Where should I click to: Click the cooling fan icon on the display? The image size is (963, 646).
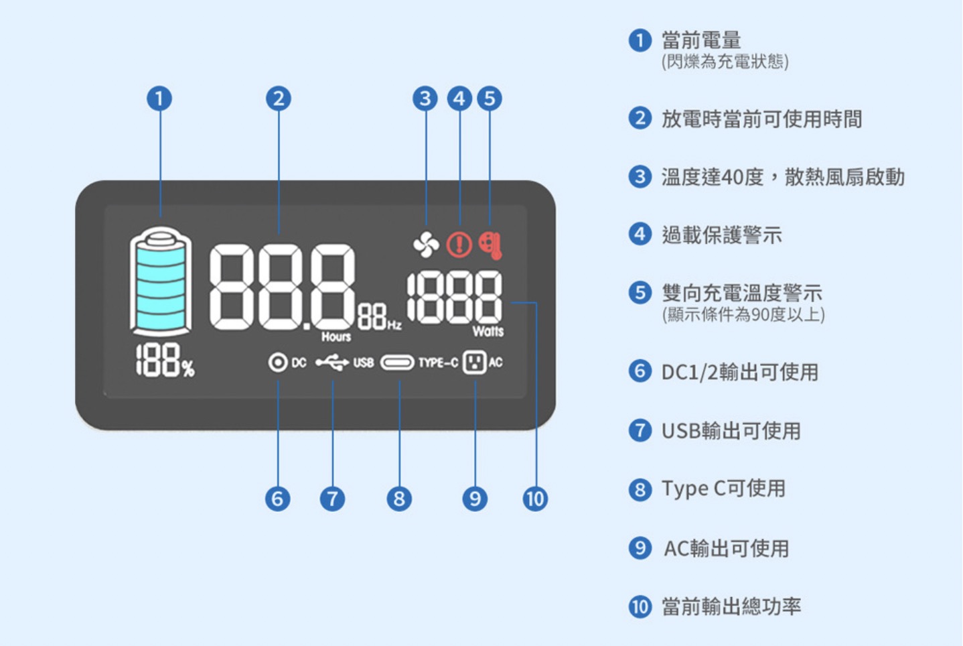coord(426,245)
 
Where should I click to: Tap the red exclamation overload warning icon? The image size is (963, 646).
coord(459,245)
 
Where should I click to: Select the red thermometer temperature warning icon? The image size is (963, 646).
coord(491,246)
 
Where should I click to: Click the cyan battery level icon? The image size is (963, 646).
coord(160,281)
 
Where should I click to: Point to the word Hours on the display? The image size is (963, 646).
coord(336,337)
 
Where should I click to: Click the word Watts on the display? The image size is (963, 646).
coord(488,332)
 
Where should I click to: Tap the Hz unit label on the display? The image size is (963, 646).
coord(394,325)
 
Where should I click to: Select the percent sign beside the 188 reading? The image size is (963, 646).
coord(188,368)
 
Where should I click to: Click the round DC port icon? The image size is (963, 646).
coord(278,363)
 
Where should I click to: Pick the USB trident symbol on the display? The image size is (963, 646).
coord(332,363)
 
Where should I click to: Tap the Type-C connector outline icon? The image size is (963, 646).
coord(397,363)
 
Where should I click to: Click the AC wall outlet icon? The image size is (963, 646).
coord(475,363)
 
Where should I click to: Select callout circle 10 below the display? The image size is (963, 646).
coord(535,499)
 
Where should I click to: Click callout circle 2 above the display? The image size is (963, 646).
coord(279,99)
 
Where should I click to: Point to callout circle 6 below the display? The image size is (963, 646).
coord(278,499)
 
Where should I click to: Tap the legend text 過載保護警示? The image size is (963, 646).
coord(722,235)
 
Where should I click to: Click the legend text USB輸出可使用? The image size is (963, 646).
coord(731,430)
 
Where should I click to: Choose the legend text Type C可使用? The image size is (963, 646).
coord(723,489)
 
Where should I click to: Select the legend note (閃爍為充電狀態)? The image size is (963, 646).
coord(725,62)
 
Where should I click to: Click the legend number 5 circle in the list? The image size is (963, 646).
coord(640,292)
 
